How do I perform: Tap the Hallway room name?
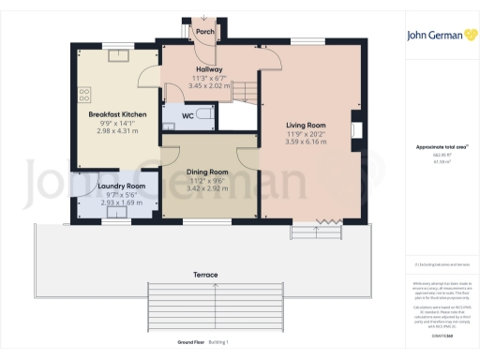tap(207, 68)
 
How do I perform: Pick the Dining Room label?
tap(206, 172)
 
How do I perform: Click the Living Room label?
tap(306, 124)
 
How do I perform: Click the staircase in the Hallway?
tap(243, 91)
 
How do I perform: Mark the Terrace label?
tap(206, 275)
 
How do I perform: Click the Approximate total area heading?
tap(439, 148)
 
